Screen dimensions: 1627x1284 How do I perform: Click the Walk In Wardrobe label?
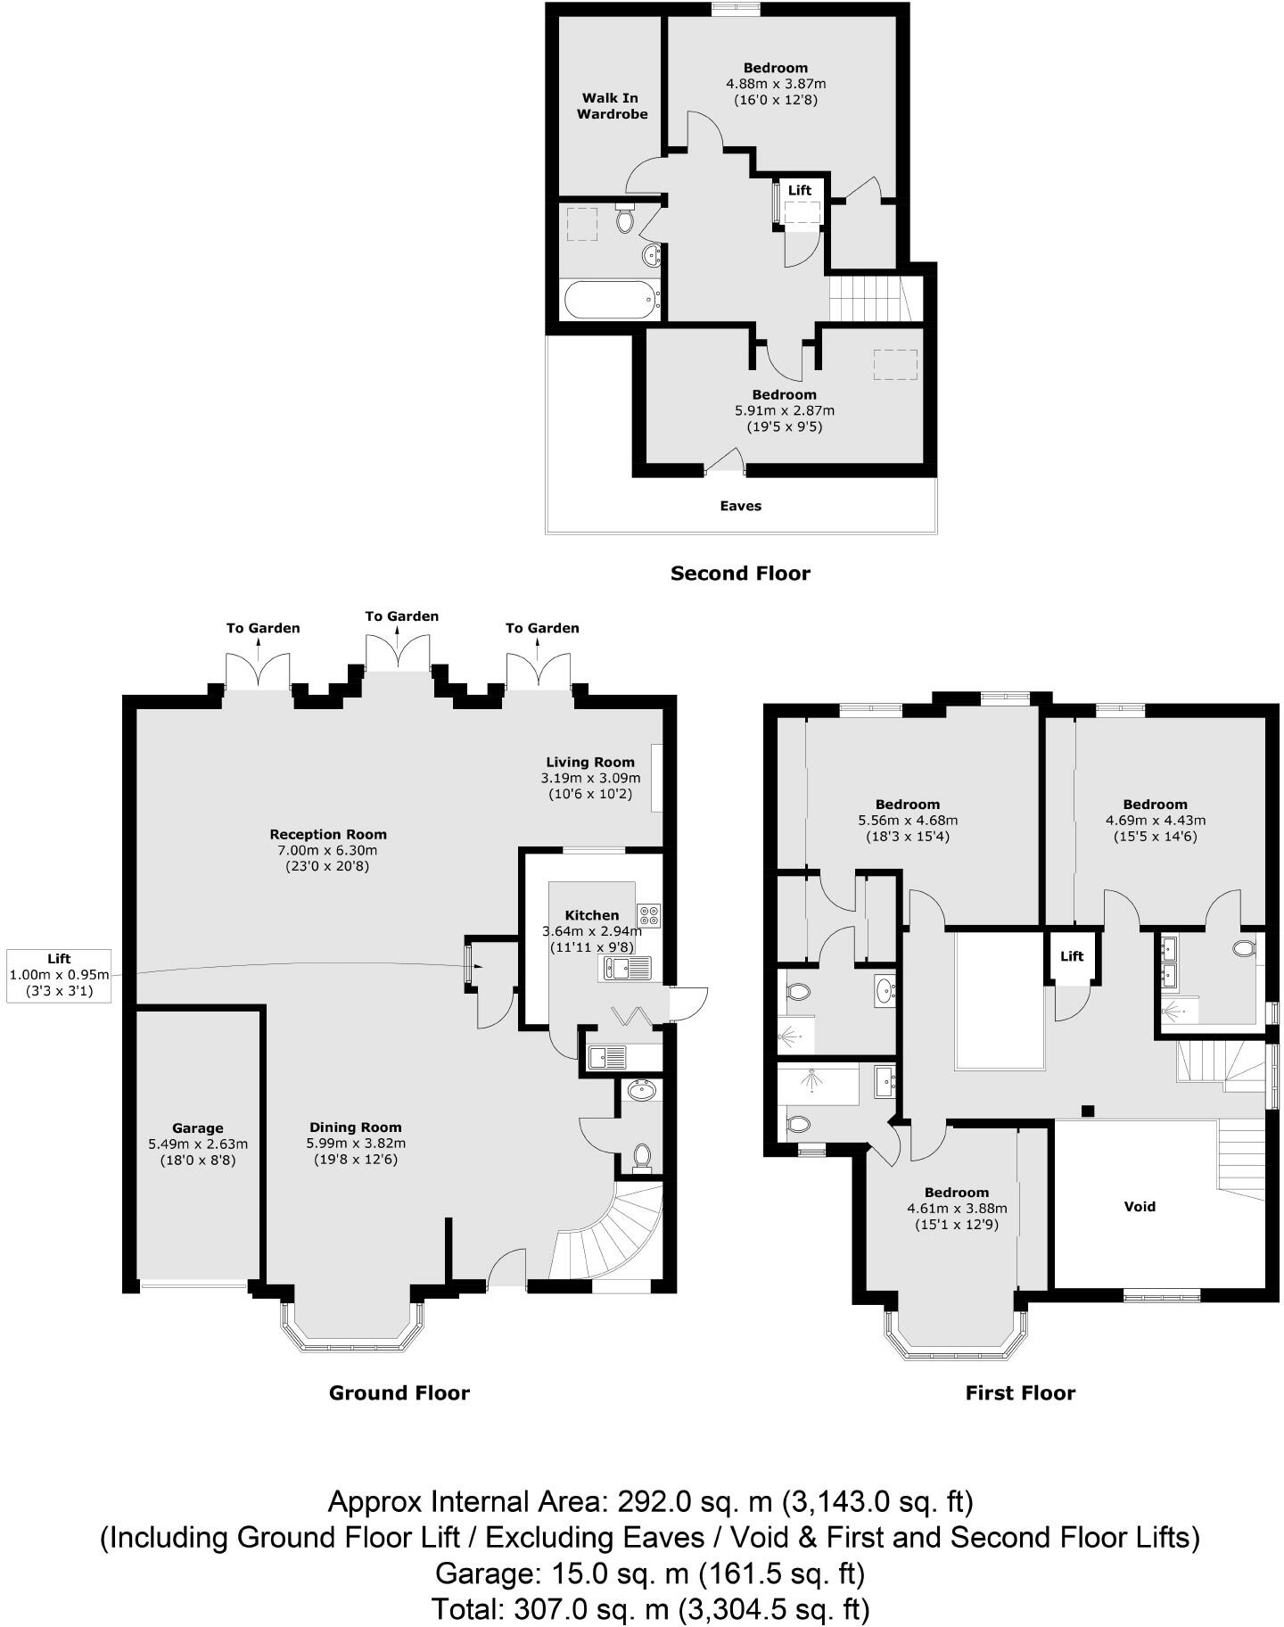pos(612,106)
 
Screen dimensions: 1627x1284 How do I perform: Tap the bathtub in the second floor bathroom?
pos(610,300)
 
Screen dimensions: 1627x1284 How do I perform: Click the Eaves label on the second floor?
pos(740,506)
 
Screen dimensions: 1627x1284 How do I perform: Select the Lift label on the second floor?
pos(800,190)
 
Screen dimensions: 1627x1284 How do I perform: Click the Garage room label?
pos(197,1128)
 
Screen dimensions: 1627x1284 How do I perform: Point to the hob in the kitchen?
pos(649,915)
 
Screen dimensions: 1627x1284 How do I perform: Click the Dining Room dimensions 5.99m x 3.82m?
pos(356,1144)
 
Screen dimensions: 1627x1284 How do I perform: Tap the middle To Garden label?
pos(401,616)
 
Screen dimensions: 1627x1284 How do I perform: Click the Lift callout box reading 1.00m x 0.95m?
pos(59,975)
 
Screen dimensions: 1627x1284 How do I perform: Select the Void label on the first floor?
pos(1140,1207)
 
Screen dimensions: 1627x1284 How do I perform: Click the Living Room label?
pos(590,762)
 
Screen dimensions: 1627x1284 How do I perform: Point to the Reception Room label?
pos(328,835)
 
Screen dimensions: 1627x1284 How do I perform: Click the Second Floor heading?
pos(740,574)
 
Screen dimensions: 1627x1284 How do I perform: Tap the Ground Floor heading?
pos(399,1393)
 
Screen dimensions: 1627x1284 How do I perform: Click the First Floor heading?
pos(1020,1393)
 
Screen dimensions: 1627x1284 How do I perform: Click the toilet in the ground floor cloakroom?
pos(641,1156)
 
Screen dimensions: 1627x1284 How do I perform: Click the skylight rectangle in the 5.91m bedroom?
pos(894,365)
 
